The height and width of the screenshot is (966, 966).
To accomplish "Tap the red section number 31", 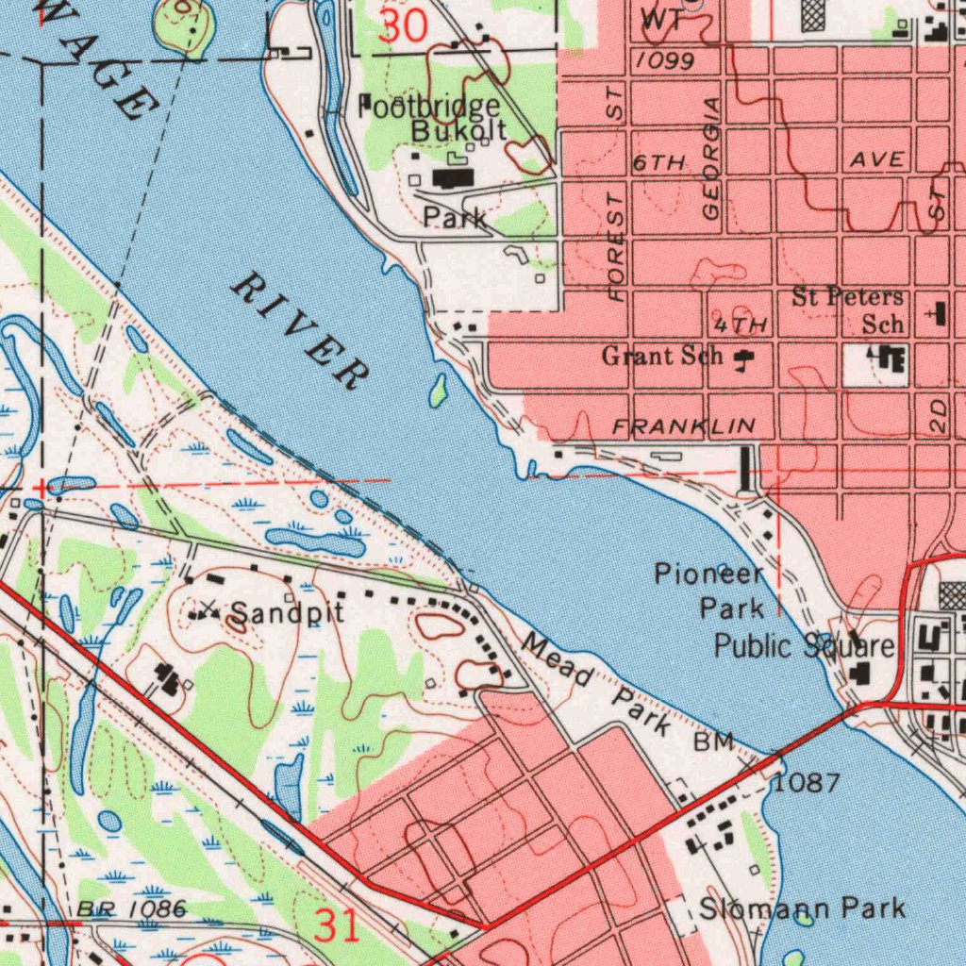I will click(337, 925).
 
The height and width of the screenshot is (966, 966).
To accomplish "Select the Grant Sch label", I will click(662, 357).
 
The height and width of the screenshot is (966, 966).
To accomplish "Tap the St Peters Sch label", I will click(849, 310).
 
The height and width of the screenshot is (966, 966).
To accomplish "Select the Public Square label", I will click(804, 646).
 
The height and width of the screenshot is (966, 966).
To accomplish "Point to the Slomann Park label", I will click(802, 908).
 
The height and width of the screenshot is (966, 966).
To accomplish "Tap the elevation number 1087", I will click(807, 783).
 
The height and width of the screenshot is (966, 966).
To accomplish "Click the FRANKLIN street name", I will click(684, 427).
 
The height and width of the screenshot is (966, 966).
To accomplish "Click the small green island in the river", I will click(438, 390).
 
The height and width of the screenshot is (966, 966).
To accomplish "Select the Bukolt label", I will click(458, 130).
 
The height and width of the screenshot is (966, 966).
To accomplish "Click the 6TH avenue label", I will click(658, 163).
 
